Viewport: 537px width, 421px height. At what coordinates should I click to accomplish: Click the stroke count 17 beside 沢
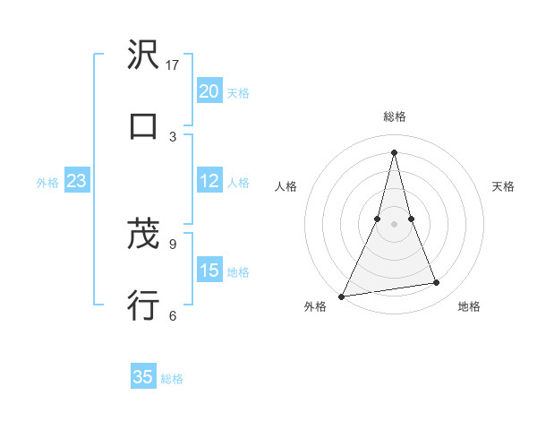173,65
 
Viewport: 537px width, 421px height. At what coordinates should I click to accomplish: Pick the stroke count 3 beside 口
173,136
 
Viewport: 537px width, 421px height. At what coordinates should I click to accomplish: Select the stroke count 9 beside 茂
173,244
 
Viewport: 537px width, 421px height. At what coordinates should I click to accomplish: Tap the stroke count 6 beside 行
173,314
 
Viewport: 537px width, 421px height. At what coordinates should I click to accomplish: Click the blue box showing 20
209,91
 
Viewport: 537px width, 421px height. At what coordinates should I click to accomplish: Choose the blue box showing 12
209,181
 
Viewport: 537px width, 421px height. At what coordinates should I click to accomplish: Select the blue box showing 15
209,270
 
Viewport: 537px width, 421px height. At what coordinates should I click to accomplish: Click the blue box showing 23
77,181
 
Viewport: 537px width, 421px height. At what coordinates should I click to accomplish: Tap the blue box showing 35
143,377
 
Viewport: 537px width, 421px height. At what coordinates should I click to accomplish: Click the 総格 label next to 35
172,379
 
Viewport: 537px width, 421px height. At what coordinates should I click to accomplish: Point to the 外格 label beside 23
47,183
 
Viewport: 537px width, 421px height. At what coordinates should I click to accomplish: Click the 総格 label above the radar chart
395,116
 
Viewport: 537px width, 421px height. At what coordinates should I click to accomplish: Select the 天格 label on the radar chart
504,186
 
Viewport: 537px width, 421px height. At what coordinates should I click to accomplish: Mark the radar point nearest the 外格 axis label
342,296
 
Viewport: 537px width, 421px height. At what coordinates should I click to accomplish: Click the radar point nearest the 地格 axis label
437,283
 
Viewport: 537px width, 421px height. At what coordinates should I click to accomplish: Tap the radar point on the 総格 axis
394,152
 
